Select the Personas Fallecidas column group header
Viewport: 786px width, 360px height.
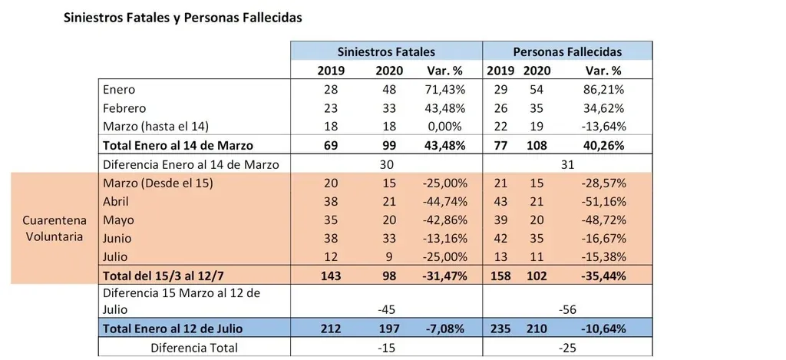click(x=567, y=51)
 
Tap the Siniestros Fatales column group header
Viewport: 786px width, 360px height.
click(x=386, y=51)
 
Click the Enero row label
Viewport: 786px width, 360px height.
click(x=118, y=90)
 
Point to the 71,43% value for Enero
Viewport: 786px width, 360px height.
click(x=444, y=90)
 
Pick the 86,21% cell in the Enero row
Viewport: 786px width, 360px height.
click(x=603, y=90)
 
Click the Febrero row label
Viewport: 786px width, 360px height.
click(x=124, y=108)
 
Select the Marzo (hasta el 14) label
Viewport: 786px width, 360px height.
click(x=156, y=127)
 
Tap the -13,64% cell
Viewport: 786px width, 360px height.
click(x=602, y=127)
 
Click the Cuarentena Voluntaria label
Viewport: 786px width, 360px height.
click(x=53, y=228)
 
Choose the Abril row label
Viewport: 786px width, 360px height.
click(x=115, y=200)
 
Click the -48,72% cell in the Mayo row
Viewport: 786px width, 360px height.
click(x=602, y=219)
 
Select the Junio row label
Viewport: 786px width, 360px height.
click(x=117, y=237)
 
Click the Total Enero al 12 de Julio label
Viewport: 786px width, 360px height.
click(x=173, y=329)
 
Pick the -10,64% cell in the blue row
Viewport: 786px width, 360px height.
click(x=602, y=329)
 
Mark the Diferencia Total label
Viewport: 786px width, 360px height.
click(x=194, y=348)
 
